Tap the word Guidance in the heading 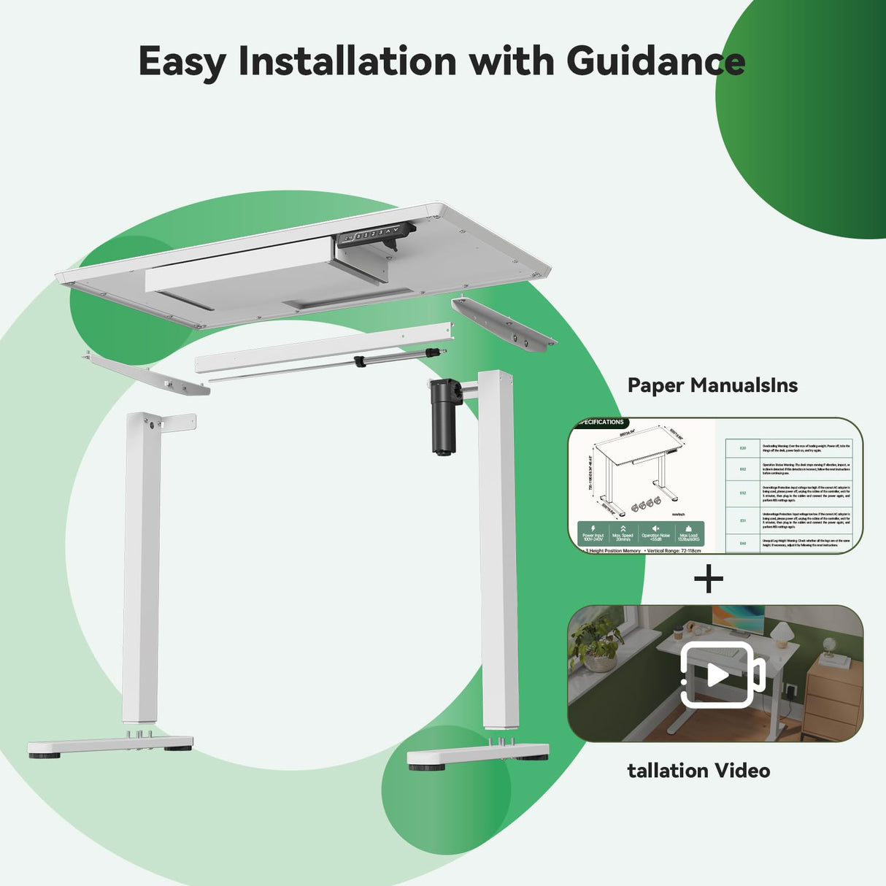click(655, 61)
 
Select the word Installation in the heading click(347, 61)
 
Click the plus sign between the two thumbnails click(709, 580)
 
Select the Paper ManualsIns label click(712, 385)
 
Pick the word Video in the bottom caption click(741, 771)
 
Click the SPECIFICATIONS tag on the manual click(601, 423)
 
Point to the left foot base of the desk click(110, 746)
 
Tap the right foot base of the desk click(478, 755)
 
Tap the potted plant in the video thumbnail click(596, 642)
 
